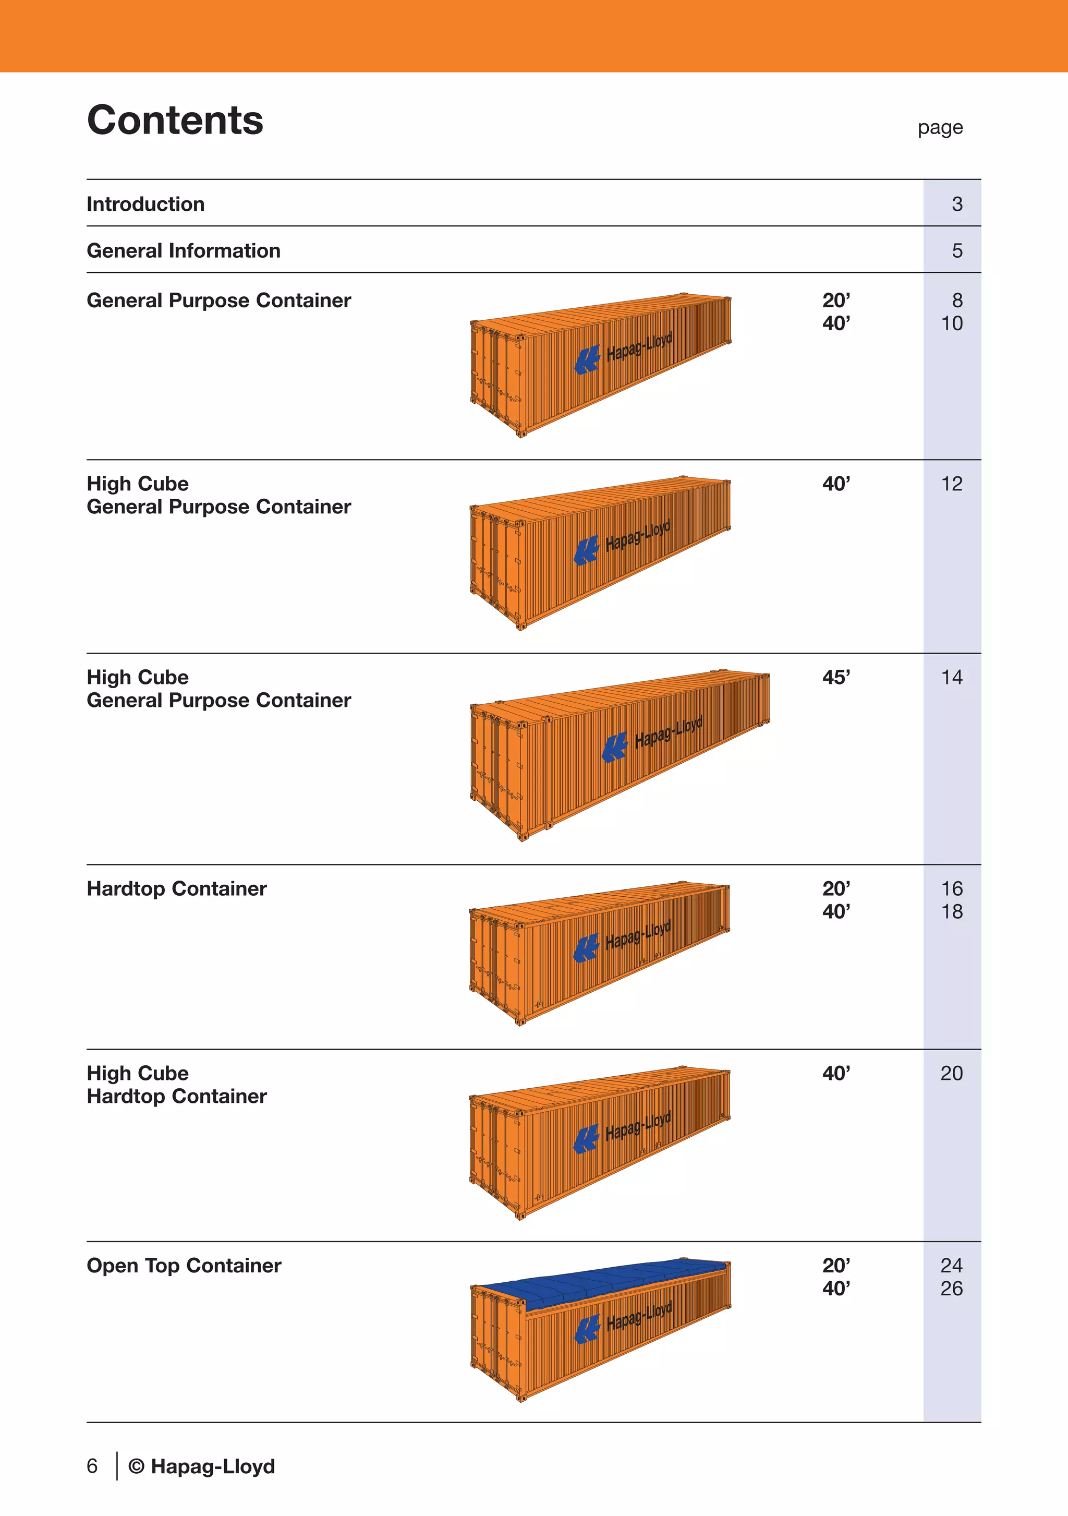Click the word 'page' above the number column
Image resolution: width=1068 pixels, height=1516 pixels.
click(939, 127)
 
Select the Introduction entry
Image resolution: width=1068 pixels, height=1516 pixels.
click(146, 204)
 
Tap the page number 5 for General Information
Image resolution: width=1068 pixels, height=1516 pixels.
click(956, 251)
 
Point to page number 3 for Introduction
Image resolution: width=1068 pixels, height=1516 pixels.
click(956, 204)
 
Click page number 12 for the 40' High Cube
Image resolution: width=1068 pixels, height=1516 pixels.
click(951, 484)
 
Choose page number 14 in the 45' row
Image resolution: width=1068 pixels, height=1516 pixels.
click(951, 678)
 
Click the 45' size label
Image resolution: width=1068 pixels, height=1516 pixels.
click(835, 678)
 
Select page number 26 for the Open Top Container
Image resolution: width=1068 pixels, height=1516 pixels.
click(951, 1288)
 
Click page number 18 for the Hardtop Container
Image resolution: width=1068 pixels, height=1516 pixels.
click(951, 912)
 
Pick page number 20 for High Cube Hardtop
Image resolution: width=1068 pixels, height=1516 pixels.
click(951, 1073)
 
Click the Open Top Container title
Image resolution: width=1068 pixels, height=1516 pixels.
click(184, 1265)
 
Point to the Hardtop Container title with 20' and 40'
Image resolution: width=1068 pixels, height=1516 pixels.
click(177, 889)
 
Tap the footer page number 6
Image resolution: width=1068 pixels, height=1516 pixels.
click(92, 1466)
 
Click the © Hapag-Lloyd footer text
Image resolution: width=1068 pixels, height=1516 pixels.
click(202, 1466)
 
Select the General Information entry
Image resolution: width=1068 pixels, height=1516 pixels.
click(184, 251)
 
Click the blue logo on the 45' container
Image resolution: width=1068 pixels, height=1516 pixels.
click(614, 748)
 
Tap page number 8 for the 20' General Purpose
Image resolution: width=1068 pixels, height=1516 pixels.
click(956, 300)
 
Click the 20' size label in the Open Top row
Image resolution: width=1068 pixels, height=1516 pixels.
click(835, 1265)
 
